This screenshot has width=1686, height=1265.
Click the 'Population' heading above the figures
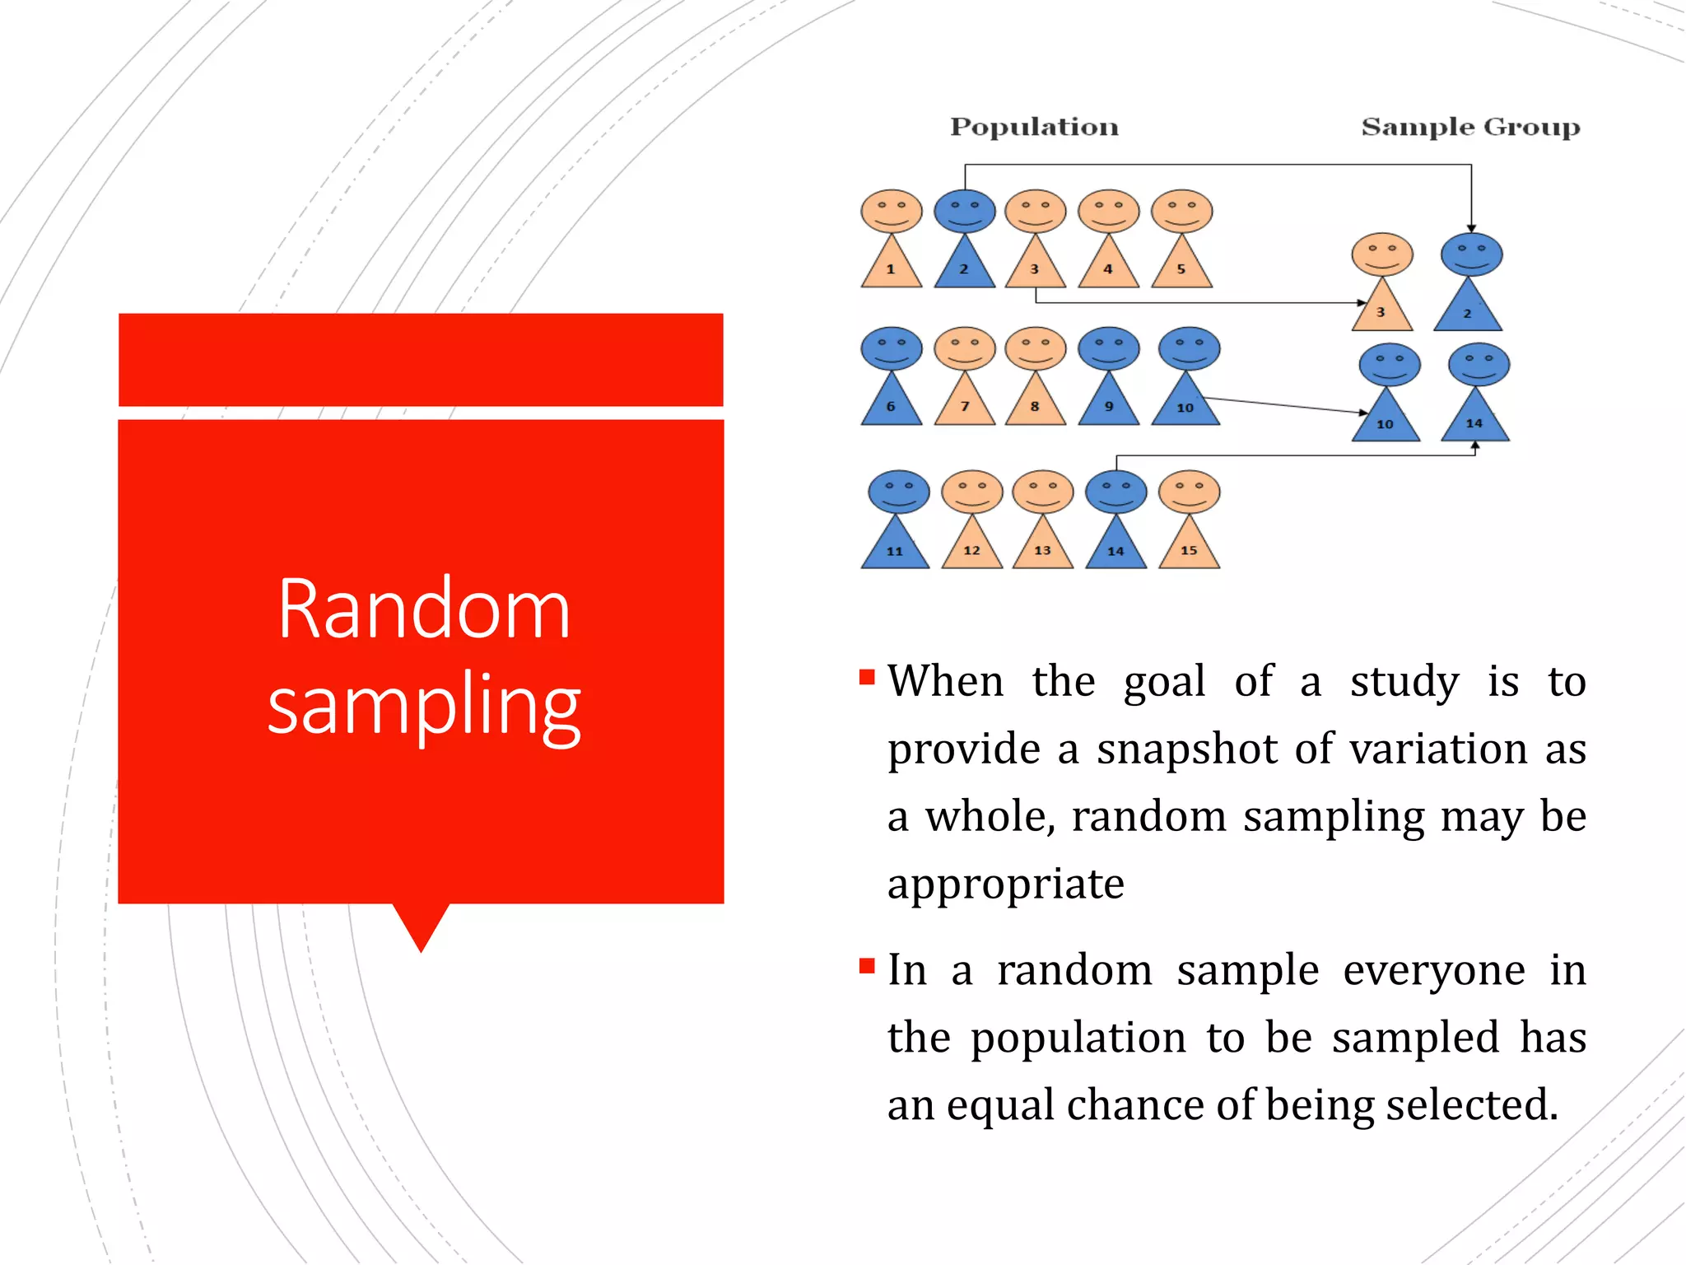[x=1034, y=127]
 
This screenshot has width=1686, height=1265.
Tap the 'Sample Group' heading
[x=1470, y=127]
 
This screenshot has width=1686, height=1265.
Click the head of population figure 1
[x=891, y=211]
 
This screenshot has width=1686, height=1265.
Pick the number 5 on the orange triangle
[x=1181, y=269]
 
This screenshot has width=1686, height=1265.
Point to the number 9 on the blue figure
[x=1109, y=406]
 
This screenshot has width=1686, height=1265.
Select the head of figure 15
[x=1189, y=492]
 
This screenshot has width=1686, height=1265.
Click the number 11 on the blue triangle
[x=895, y=551]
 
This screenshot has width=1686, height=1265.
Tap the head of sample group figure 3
[x=1382, y=254]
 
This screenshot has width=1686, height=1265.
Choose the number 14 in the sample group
[x=1474, y=423]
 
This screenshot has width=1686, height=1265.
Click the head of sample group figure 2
[x=1471, y=254]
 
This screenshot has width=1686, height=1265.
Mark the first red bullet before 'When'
[x=866, y=677]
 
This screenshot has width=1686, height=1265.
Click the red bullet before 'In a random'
[x=866, y=965]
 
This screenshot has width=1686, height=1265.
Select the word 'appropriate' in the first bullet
[x=1005, y=885]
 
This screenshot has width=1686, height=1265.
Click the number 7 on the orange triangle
[x=965, y=406]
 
